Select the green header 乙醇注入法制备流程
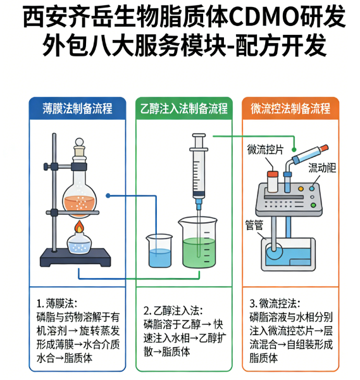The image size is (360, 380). pos(183,108)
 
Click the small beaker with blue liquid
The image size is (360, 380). pos(159,251)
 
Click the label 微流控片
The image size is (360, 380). pos(265,149)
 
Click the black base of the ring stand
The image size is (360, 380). pos(75,258)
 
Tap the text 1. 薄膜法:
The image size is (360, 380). pos(57,303)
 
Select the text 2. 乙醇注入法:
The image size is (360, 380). pos(173,310)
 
